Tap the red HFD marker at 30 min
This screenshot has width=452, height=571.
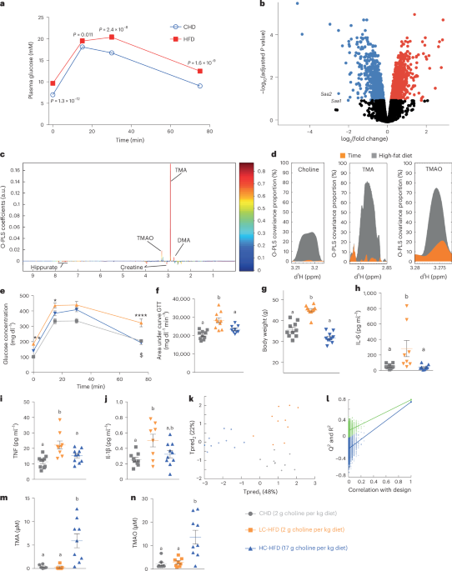(x=113, y=37)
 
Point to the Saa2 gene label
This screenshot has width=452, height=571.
(x=306, y=94)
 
